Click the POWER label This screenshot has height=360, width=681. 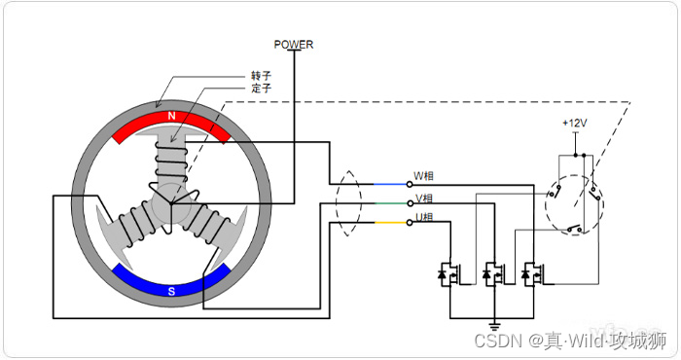293,45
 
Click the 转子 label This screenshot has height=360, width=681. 261,76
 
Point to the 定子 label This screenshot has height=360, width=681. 261,89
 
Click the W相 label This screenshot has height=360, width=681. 423,176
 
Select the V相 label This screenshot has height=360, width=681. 424,198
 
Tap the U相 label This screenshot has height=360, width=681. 424,217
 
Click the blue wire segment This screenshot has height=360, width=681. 390,184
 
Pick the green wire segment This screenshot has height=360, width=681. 390,203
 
